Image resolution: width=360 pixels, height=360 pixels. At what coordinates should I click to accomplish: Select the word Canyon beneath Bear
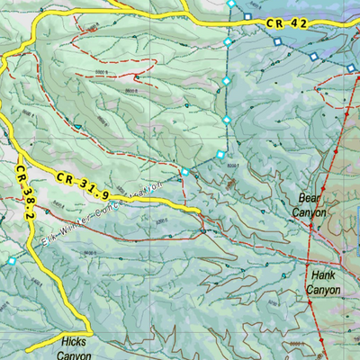[x=309, y=212]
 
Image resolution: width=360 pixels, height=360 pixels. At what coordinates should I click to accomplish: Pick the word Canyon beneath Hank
[x=322, y=291]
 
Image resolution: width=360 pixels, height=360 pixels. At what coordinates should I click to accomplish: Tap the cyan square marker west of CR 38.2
[x=11, y=261]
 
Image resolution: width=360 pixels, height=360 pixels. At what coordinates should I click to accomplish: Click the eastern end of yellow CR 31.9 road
[x=198, y=209]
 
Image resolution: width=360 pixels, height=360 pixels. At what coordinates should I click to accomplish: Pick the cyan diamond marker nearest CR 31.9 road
[x=185, y=171]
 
